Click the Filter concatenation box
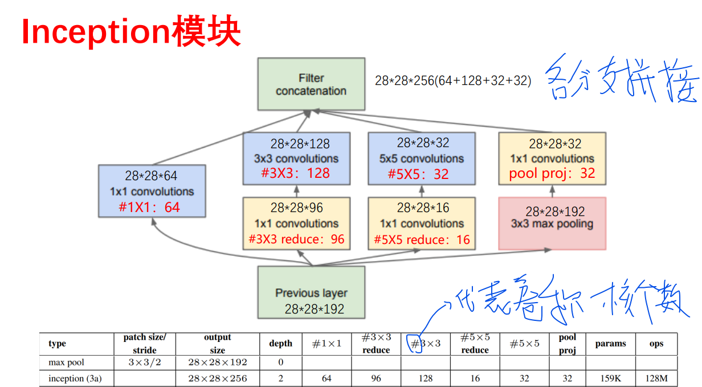311,84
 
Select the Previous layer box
311,292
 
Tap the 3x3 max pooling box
552,223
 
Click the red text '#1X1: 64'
149,207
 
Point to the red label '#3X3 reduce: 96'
297,239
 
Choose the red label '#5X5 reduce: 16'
422,240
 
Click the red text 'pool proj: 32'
552,174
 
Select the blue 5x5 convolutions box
422,158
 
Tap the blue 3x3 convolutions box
296,158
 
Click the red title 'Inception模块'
131,32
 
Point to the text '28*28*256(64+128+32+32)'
453,81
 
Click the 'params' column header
610,344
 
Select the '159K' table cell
610,378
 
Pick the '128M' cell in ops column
656,378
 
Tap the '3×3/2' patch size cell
144,362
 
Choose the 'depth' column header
280,344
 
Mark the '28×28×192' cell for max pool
217,362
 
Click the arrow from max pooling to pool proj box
552,191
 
